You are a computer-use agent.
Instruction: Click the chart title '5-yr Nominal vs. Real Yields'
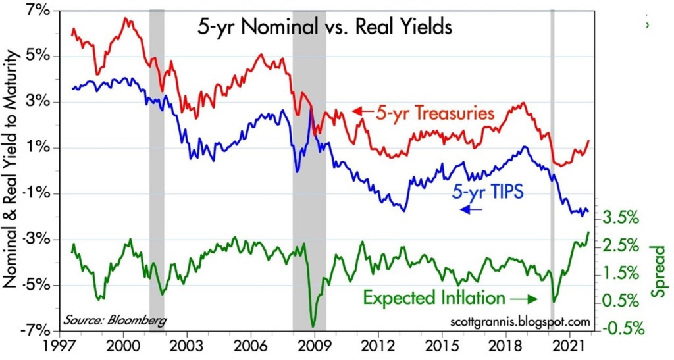point(323,28)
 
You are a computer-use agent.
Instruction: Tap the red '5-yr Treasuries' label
point(435,113)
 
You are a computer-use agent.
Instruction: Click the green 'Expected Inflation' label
point(434,297)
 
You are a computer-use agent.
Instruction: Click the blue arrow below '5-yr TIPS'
point(471,209)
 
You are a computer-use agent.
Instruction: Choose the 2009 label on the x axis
point(315,346)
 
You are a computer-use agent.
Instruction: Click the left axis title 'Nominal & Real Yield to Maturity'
point(11,171)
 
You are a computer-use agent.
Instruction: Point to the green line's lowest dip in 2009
point(313,326)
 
